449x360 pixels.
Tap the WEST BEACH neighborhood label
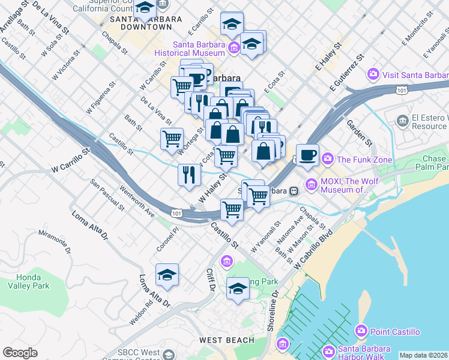coord(226,340)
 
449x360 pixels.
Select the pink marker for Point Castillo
coord(361,331)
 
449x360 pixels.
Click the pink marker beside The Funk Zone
coord(328,159)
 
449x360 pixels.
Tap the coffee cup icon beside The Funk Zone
coord(307,154)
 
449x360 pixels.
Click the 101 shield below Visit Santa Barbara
coord(400,89)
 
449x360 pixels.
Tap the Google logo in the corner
coord(20,353)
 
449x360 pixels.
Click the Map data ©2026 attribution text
coord(423,355)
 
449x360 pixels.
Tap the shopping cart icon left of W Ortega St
coord(172,139)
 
